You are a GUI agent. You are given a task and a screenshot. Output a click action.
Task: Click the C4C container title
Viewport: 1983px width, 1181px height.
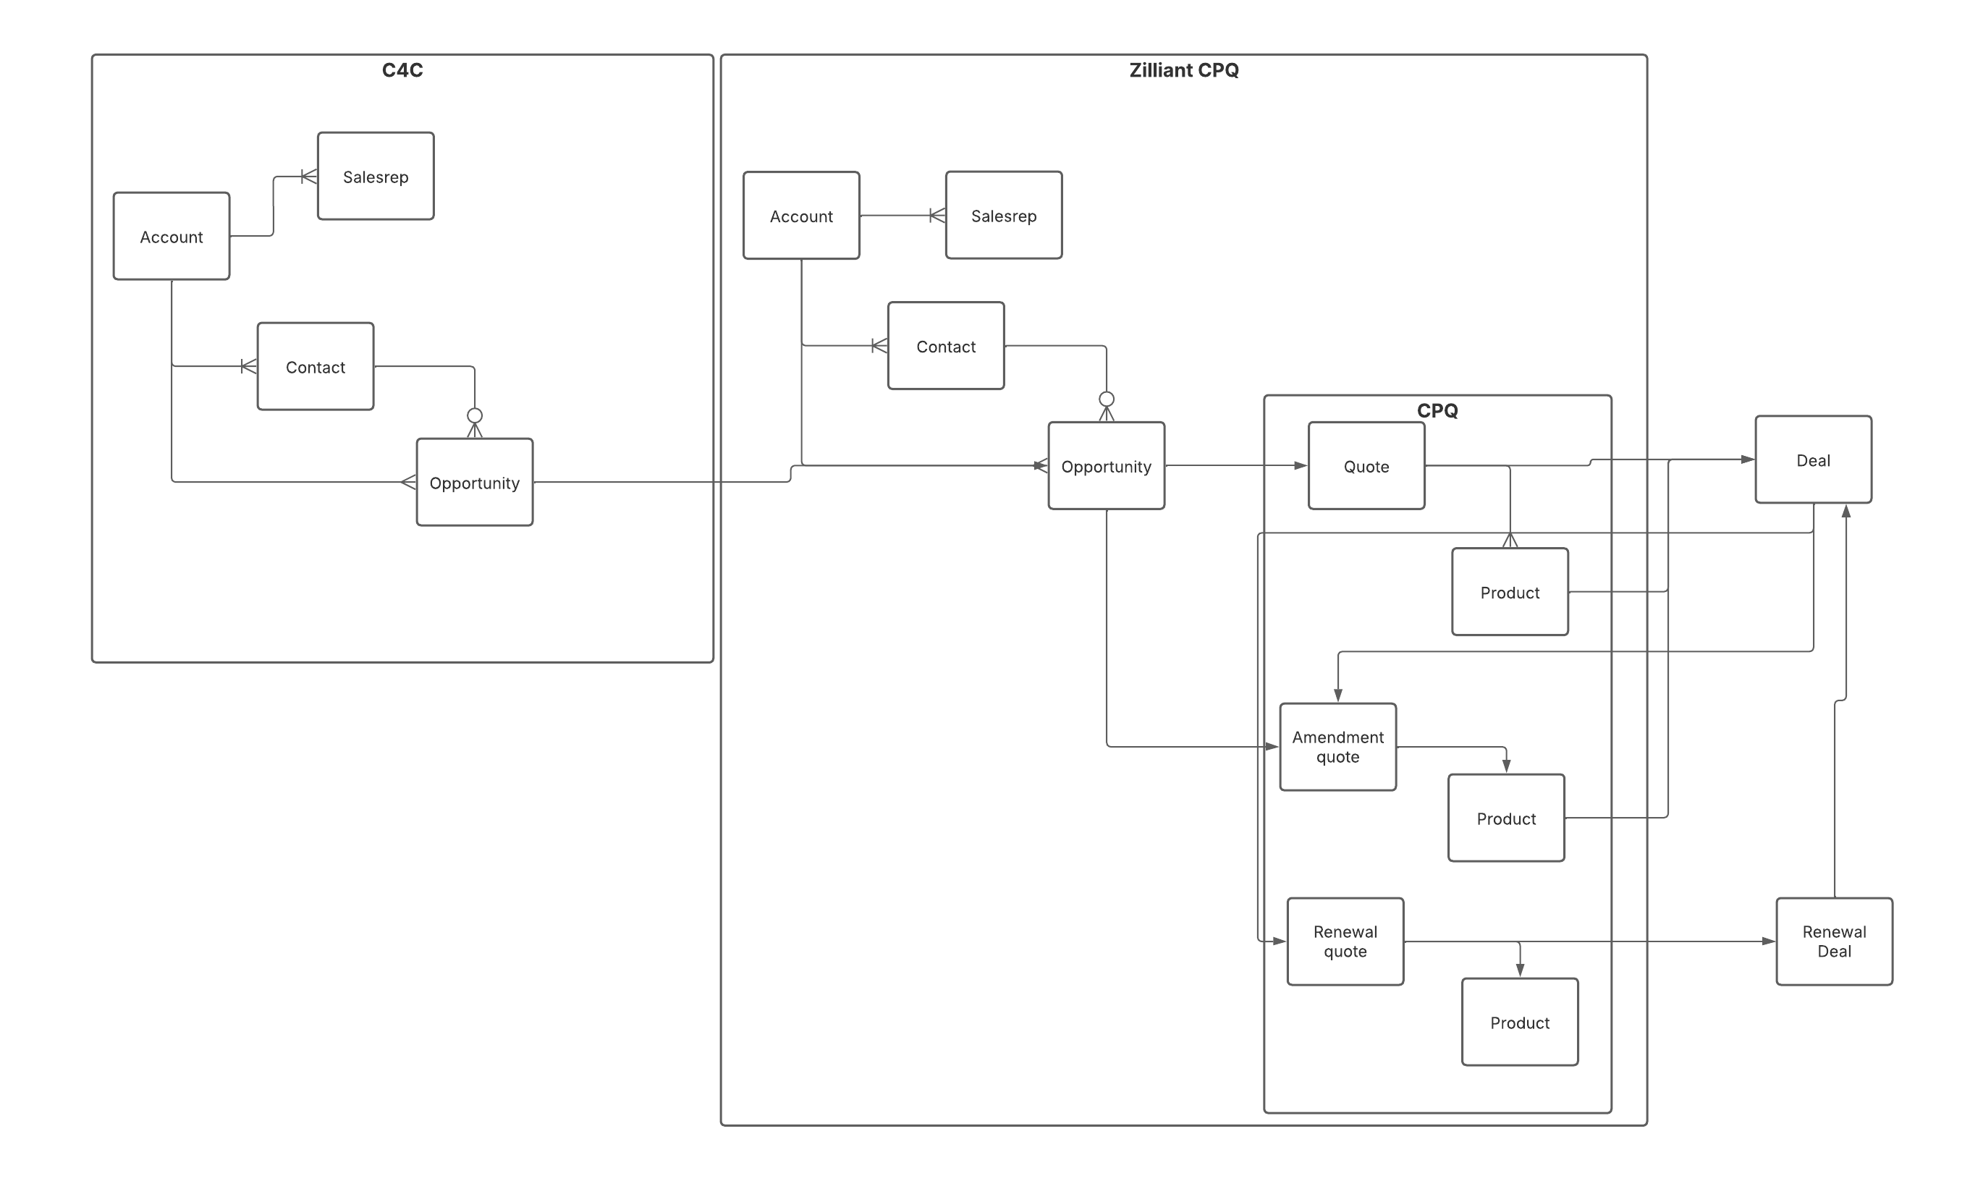point(402,71)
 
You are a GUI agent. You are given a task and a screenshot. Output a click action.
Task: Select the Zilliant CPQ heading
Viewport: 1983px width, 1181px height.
point(1183,71)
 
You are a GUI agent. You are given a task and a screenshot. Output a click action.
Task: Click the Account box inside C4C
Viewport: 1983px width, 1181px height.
point(171,237)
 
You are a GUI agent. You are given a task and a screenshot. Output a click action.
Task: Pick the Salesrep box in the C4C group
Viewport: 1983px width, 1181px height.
point(376,177)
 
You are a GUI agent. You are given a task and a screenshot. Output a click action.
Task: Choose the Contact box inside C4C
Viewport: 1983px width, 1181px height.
point(315,367)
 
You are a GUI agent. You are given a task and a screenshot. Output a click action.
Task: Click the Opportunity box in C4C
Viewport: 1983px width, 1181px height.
point(474,482)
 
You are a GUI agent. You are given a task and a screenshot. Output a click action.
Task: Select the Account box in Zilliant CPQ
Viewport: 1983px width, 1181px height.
point(800,216)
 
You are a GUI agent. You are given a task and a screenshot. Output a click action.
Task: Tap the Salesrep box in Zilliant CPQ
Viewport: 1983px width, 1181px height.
point(1003,216)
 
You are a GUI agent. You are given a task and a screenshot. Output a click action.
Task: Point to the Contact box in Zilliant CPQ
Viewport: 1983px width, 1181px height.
point(945,346)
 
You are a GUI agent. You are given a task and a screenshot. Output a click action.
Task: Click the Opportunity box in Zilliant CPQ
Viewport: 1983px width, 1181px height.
point(1106,466)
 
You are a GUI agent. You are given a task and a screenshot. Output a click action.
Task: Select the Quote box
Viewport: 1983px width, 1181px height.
point(1366,466)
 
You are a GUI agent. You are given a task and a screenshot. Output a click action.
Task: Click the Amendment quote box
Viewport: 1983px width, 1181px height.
point(1337,748)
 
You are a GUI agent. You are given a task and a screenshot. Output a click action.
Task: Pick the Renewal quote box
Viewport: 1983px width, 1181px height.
point(1345,941)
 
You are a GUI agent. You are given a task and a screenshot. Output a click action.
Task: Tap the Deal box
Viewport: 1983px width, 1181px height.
point(1813,460)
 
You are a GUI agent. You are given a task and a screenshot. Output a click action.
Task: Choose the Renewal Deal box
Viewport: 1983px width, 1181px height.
point(1834,941)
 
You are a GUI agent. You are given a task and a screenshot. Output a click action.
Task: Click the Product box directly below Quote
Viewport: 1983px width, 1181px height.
point(1510,592)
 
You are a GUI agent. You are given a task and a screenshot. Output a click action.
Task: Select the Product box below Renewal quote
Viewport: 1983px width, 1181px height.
point(1519,1023)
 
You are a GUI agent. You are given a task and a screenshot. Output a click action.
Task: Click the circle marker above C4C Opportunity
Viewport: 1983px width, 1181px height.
point(474,415)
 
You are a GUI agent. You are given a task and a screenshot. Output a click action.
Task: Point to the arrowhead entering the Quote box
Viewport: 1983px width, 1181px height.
point(1301,465)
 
